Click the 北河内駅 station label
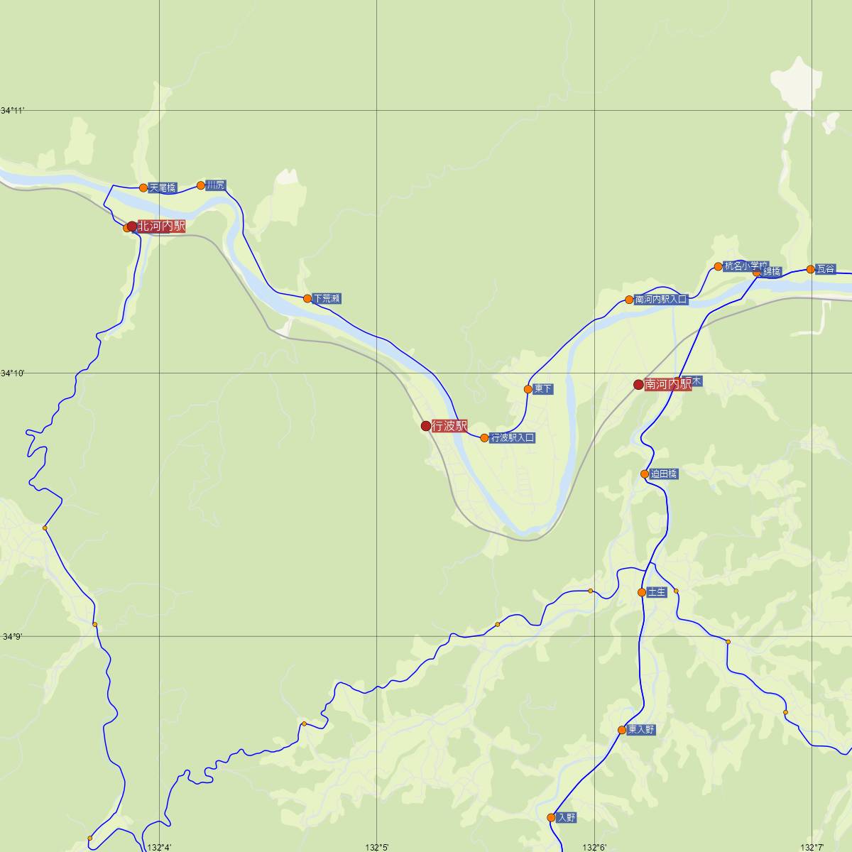tap(161, 226)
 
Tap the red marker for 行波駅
tap(426, 426)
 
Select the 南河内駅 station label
tap(667, 384)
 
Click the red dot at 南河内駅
tap(638, 385)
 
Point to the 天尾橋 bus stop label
tap(163, 188)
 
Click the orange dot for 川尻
tap(201, 186)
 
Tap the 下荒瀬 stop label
tap(327, 299)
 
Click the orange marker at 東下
tap(528, 389)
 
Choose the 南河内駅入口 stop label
tap(661, 300)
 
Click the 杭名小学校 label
tap(745, 266)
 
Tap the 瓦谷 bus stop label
tap(826, 269)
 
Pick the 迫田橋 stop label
tap(664, 474)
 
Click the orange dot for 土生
tap(642, 592)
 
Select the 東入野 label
tap(641, 730)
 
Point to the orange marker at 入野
tap(551, 818)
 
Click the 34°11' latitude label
tap(13, 111)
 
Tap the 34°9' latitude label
tap(13, 637)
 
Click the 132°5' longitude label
tap(377, 847)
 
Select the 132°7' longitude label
tap(812, 847)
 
